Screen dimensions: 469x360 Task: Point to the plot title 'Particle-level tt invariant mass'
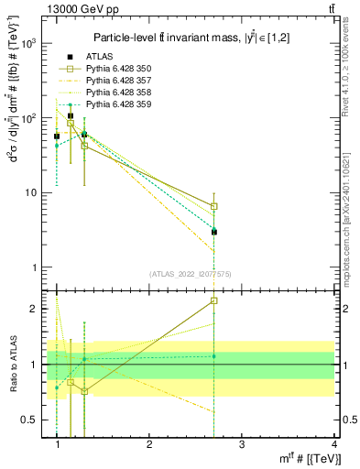(183, 37)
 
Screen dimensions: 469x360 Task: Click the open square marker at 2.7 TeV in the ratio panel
(213, 300)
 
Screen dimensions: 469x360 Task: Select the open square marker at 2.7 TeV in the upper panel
(213, 207)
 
